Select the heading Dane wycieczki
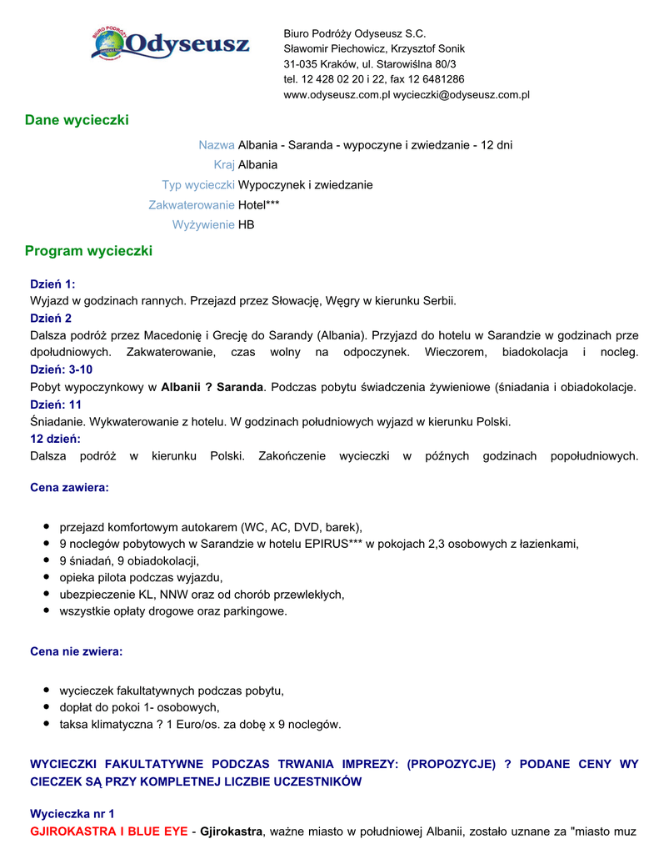pyautogui.click(x=77, y=120)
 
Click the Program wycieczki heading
pyautogui.click(x=88, y=250)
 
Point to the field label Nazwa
pyautogui.click(x=217, y=145)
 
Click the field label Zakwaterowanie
pyautogui.click(x=192, y=204)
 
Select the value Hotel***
pyautogui.click(x=259, y=204)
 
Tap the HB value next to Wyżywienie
pyautogui.click(x=247, y=224)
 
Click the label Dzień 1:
pyautogui.click(x=52, y=284)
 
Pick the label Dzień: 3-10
pyautogui.click(x=61, y=369)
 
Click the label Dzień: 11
pyautogui.click(x=56, y=404)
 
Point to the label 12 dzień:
pyautogui.click(x=55, y=439)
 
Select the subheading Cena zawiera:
pyautogui.click(x=69, y=487)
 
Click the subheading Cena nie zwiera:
pyautogui.click(x=76, y=651)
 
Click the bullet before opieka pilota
pyautogui.click(x=47, y=577)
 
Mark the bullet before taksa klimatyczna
pyautogui.click(x=47, y=724)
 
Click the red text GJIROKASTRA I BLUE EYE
pyautogui.click(x=109, y=831)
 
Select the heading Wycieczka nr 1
pyautogui.click(x=72, y=813)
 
